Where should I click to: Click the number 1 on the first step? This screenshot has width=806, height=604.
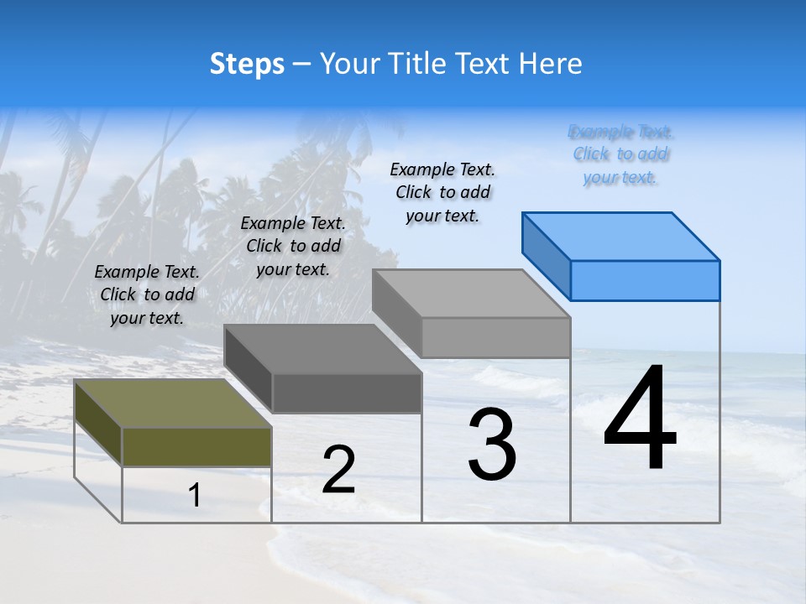point(195,496)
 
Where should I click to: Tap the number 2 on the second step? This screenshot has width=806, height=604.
point(338,470)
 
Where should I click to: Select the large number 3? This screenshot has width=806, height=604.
point(492,444)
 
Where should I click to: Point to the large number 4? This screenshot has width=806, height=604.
point(640,419)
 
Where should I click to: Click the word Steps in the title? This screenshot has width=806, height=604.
point(247,64)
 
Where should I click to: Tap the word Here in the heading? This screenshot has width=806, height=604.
point(551,64)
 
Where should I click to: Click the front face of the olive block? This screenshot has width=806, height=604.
point(196,446)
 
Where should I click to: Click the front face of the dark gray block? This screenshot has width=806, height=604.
point(346,393)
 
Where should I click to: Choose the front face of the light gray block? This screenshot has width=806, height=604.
point(495,337)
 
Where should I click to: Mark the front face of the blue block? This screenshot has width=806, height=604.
point(645,280)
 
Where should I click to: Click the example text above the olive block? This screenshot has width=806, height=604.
point(147,294)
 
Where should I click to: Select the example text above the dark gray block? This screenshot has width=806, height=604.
point(293,246)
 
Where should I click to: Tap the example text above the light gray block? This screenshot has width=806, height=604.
point(442,192)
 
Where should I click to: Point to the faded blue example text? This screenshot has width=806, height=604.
point(621,154)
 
